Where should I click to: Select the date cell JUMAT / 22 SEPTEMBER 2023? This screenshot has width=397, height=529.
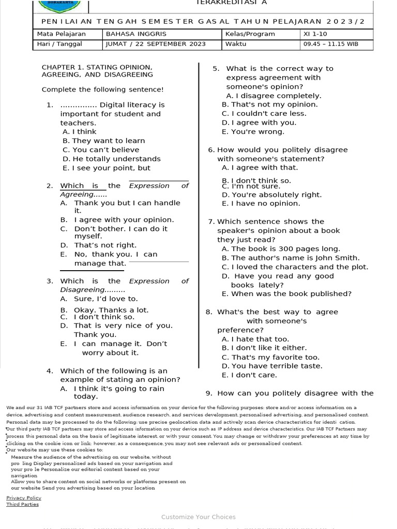(156, 44)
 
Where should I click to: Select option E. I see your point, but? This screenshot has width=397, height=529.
(106, 168)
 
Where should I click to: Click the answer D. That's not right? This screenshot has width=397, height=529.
(98, 245)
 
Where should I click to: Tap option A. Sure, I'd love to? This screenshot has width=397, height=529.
(99, 299)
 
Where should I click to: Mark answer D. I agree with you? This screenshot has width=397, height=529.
(266, 122)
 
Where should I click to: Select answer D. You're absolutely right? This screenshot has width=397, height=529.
(271, 195)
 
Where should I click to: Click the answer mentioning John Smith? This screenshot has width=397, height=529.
(290, 258)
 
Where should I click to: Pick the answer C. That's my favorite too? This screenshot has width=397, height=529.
(270, 357)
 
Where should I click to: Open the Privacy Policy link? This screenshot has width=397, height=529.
(24, 498)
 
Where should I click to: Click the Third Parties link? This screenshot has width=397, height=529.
(22, 504)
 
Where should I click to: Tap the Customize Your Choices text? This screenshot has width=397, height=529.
(198, 517)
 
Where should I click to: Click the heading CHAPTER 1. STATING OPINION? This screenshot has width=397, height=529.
(97, 67)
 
